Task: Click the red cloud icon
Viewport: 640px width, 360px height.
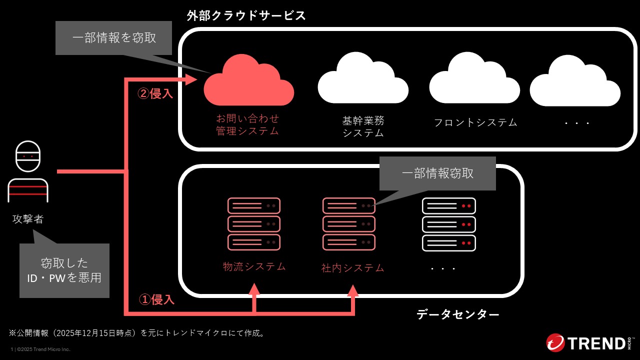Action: pyautogui.click(x=249, y=81)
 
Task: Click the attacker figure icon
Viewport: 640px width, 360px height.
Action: pyautogui.click(x=28, y=171)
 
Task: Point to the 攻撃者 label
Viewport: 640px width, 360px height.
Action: pyautogui.click(x=28, y=219)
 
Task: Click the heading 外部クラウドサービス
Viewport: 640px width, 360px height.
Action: pyautogui.click(x=246, y=15)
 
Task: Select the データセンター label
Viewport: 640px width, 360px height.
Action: pyautogui.click(x=457, y=314)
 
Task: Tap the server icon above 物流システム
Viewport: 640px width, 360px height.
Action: pyautogui.click(x=254, y=223)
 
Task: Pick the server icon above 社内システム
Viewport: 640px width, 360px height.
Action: pyautogui.click(x=349, y=223)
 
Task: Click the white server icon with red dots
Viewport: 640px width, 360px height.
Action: pyautogui.click(x=449, y=223)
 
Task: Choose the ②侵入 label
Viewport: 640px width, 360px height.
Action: pyautogui.click(x=155, y=93)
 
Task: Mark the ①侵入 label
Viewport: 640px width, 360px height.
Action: pyautogui.click(x=156, y=299)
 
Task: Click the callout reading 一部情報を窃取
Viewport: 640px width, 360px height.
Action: pyautogui.click(x=114, y=37)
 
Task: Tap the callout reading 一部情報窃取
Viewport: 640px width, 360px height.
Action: pyautogui.click(x=437, y=173)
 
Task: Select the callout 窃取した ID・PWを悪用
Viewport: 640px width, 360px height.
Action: pyautogui.click(x=64, y=270)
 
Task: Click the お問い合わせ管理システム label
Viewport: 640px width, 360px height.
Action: pyautogui.click(x=247, y=124)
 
